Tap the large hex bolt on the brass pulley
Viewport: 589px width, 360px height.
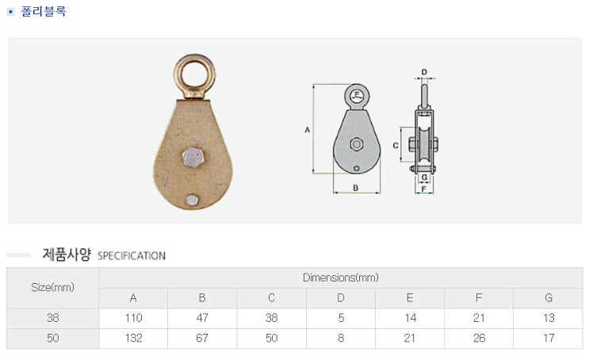194,157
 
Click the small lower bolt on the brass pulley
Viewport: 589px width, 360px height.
192,200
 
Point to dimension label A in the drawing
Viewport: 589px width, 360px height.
308,129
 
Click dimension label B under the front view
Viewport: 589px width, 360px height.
356,187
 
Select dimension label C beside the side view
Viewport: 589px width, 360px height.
395,145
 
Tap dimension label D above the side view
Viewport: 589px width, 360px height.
424,72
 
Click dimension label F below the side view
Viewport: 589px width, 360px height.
424,189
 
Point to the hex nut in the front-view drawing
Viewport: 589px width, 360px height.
357,144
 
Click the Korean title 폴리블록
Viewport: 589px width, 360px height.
44,11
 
